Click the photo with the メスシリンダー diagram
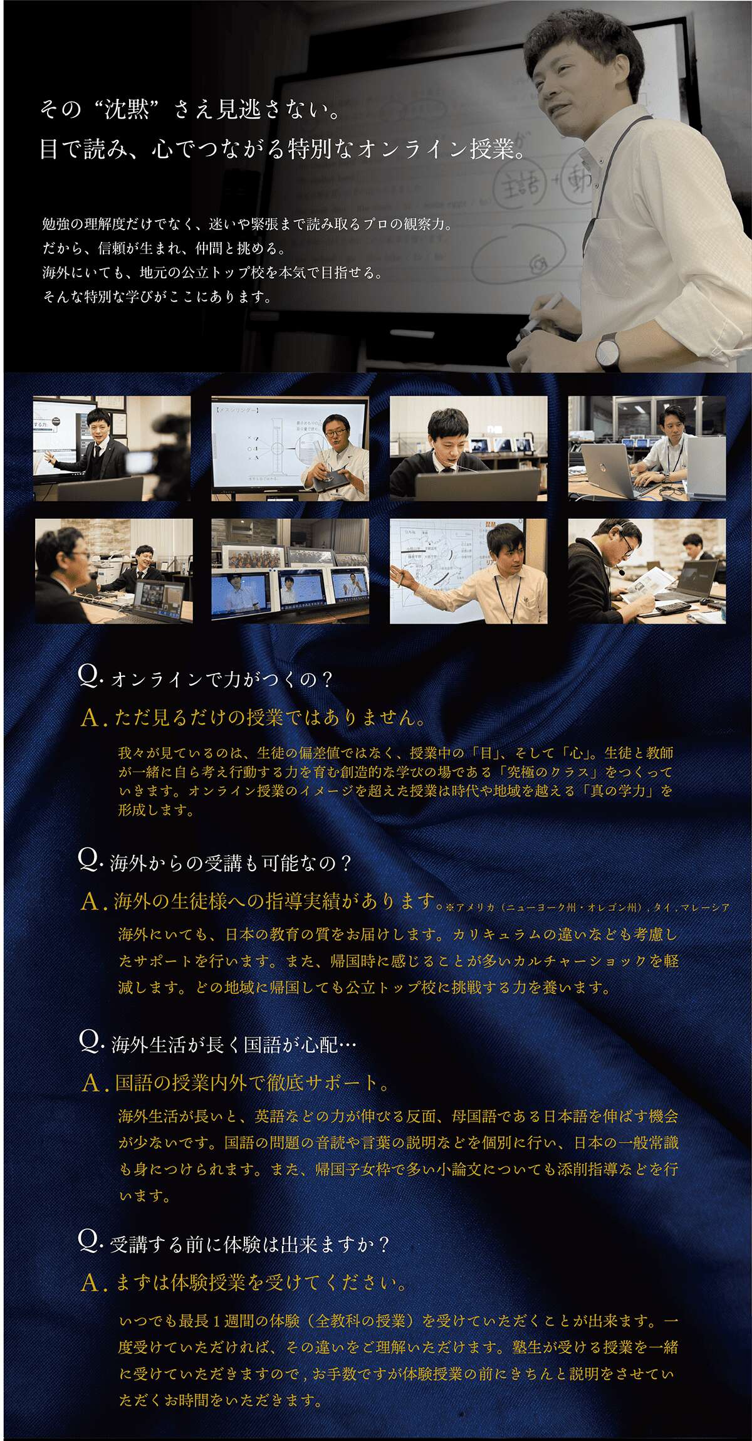tap(290, 448)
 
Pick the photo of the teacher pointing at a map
tap(469, 570)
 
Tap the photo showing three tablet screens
tap(290, 570)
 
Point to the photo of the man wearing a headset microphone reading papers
tap(647, 570)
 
